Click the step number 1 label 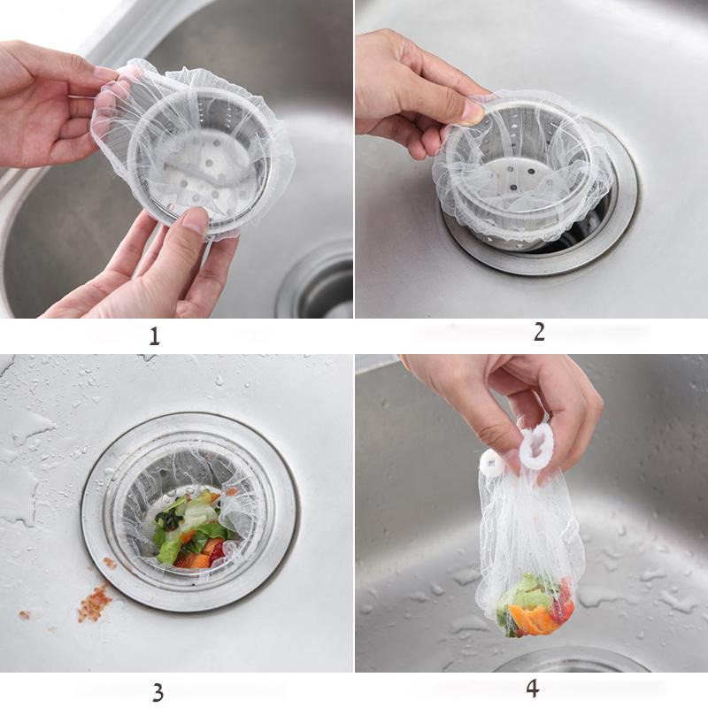(154, 336)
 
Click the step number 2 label (539, 332)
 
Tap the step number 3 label (158, 692)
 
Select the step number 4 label (533, 689)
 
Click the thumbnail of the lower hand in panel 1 (195, 219)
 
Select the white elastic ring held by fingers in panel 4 (537, 450)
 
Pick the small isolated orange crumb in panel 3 (25, 614)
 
